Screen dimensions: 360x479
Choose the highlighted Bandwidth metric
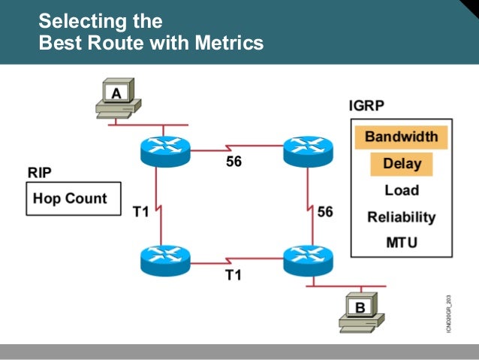click(x=401, y=137)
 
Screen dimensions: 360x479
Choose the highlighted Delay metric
click(x=402, y=164)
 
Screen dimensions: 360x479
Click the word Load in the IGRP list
click(x=402, y=191)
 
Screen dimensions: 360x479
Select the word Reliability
click(x=402, y=217)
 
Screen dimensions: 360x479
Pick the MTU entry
click(x=402, y=243)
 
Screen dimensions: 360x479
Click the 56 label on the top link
click(x=233, y=162)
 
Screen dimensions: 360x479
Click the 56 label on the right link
click(x=324, y=212)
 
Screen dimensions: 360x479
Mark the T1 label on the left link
click(x=141, y=213)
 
